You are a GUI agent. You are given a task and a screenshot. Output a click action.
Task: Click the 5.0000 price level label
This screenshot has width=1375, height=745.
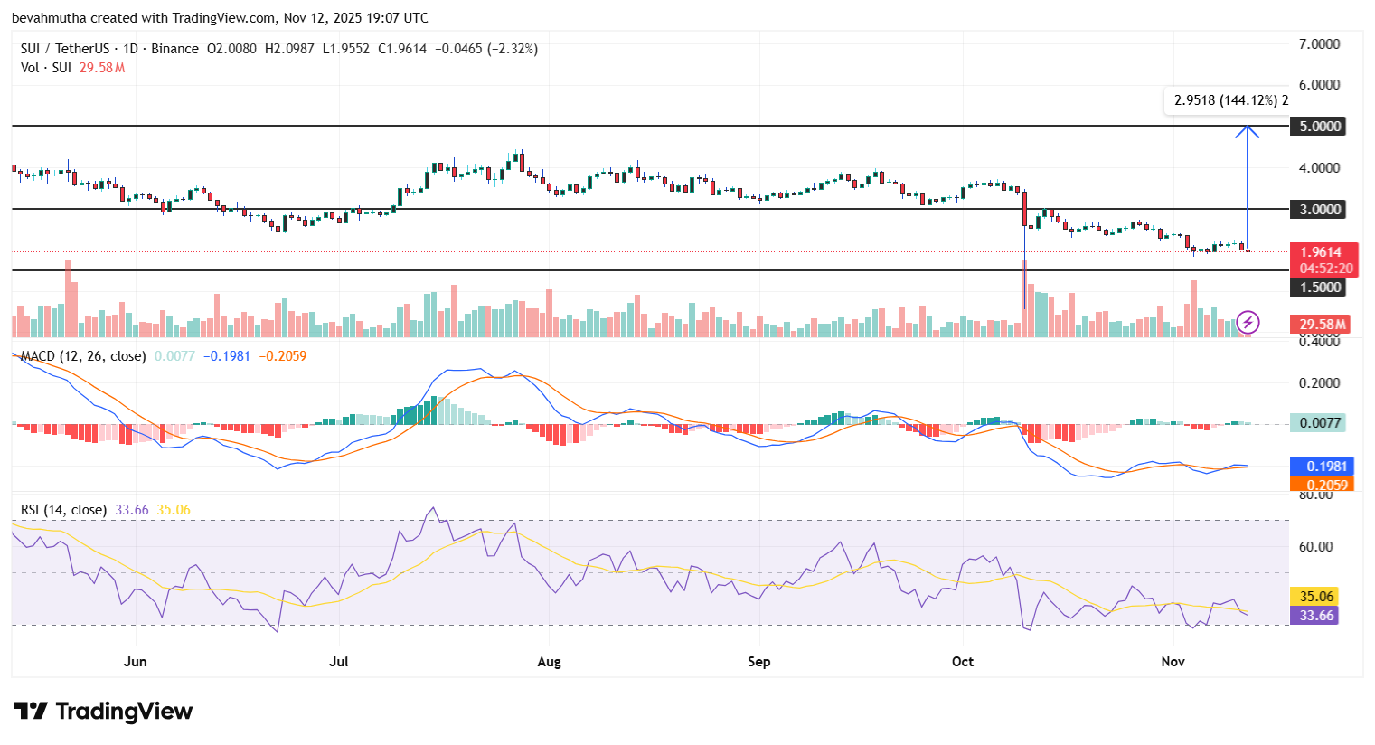point(1320,126)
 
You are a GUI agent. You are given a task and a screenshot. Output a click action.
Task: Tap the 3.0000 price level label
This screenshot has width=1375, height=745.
point(1320,209)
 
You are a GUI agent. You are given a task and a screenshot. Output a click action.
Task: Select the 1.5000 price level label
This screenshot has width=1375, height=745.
point(1320,288)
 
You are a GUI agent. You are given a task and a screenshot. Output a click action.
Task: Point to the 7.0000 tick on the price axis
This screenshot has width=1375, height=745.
point(1319,43)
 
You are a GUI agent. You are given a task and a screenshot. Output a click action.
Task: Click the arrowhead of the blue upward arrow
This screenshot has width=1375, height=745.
point(1248,129)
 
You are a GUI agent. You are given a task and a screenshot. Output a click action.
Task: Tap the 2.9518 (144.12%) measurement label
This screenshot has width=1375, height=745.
point(1227,100)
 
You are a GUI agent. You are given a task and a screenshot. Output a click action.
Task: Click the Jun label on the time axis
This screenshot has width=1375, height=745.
point(135,661)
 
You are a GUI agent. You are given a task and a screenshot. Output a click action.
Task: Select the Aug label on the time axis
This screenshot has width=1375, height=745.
point(549,661)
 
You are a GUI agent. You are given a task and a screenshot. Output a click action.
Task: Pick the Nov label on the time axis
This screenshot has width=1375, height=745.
point(1173,661)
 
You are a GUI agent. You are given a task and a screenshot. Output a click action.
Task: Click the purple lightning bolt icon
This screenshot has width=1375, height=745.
point(1248,322)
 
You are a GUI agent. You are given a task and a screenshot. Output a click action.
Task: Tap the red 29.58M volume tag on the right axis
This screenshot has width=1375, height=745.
point(1323,324)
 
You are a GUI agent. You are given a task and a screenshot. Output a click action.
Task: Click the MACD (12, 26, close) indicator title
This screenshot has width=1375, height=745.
point(83,356)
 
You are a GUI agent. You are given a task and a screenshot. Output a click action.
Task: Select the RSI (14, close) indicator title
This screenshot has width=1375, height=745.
point(63,510)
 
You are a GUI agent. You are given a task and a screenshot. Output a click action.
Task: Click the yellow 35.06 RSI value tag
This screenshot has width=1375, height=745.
point(1316,596)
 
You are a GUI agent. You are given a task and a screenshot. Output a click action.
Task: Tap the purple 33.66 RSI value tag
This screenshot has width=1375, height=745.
point(1316,616)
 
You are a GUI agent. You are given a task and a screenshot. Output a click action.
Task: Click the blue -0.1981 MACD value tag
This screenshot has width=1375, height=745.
point(1323,467)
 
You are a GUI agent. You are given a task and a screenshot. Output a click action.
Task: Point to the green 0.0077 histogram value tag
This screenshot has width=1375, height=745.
point(1317,422)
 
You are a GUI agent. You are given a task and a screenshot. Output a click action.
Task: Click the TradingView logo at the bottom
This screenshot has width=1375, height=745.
point(103,712)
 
